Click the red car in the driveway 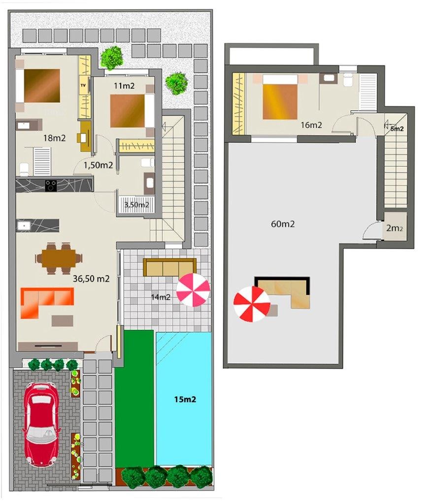(x=41, y=425)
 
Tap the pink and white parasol (x=193, y=290)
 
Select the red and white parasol (x=252, y=304)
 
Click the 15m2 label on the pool (x=185, y=400)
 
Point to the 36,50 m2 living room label (x=91, y=279)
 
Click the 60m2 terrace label (x=283, y=224)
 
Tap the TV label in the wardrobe (x=83, y=85)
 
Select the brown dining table (x=59, y=258)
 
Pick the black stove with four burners (x=51, y=186)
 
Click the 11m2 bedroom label (x=124, y=86)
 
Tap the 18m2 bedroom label (x=54, y=138)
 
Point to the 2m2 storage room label (x=395, y=228)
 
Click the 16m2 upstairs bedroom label (x=311, y=125)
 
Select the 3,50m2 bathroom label (x=137, y=205)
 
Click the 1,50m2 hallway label (x=98, y=165)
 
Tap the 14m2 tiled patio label (x=161, y=297)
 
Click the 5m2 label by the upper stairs (x=397, y=129)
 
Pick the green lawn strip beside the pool (x=134, y=399)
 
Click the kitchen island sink (x=24, y=225)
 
